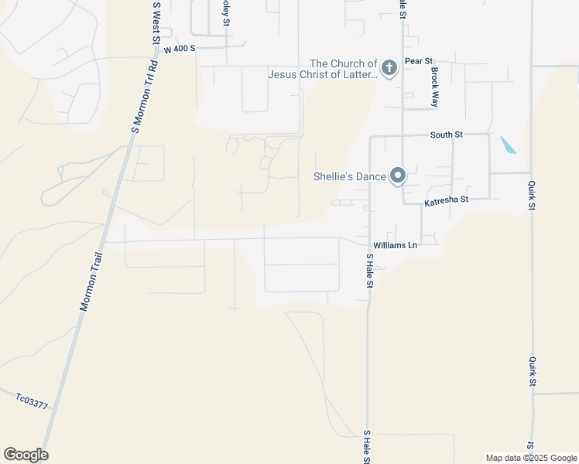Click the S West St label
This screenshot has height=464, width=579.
[x=156, y=22]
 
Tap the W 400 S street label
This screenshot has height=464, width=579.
[x=180, y=49]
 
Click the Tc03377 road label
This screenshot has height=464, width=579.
[x=32, y=401]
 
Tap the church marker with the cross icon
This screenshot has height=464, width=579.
[x=389, y=69]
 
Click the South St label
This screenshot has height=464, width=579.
[x=446, y=135]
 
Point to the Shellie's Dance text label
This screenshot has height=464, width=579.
[x=349, y=176]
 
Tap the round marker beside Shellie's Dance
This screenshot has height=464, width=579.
[x=398, y=176]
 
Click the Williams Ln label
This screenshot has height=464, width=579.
[x=402, y=245]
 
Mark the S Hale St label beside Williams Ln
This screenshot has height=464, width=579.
[x=370, y=271]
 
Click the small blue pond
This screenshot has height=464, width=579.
[x=509, y=145]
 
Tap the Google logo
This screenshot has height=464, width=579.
[x=26, y=455]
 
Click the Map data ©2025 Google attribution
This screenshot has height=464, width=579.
[x=530, y=458]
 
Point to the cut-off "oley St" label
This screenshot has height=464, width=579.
[x=226, y=13]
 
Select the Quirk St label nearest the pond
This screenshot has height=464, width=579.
[x=532, y=196]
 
